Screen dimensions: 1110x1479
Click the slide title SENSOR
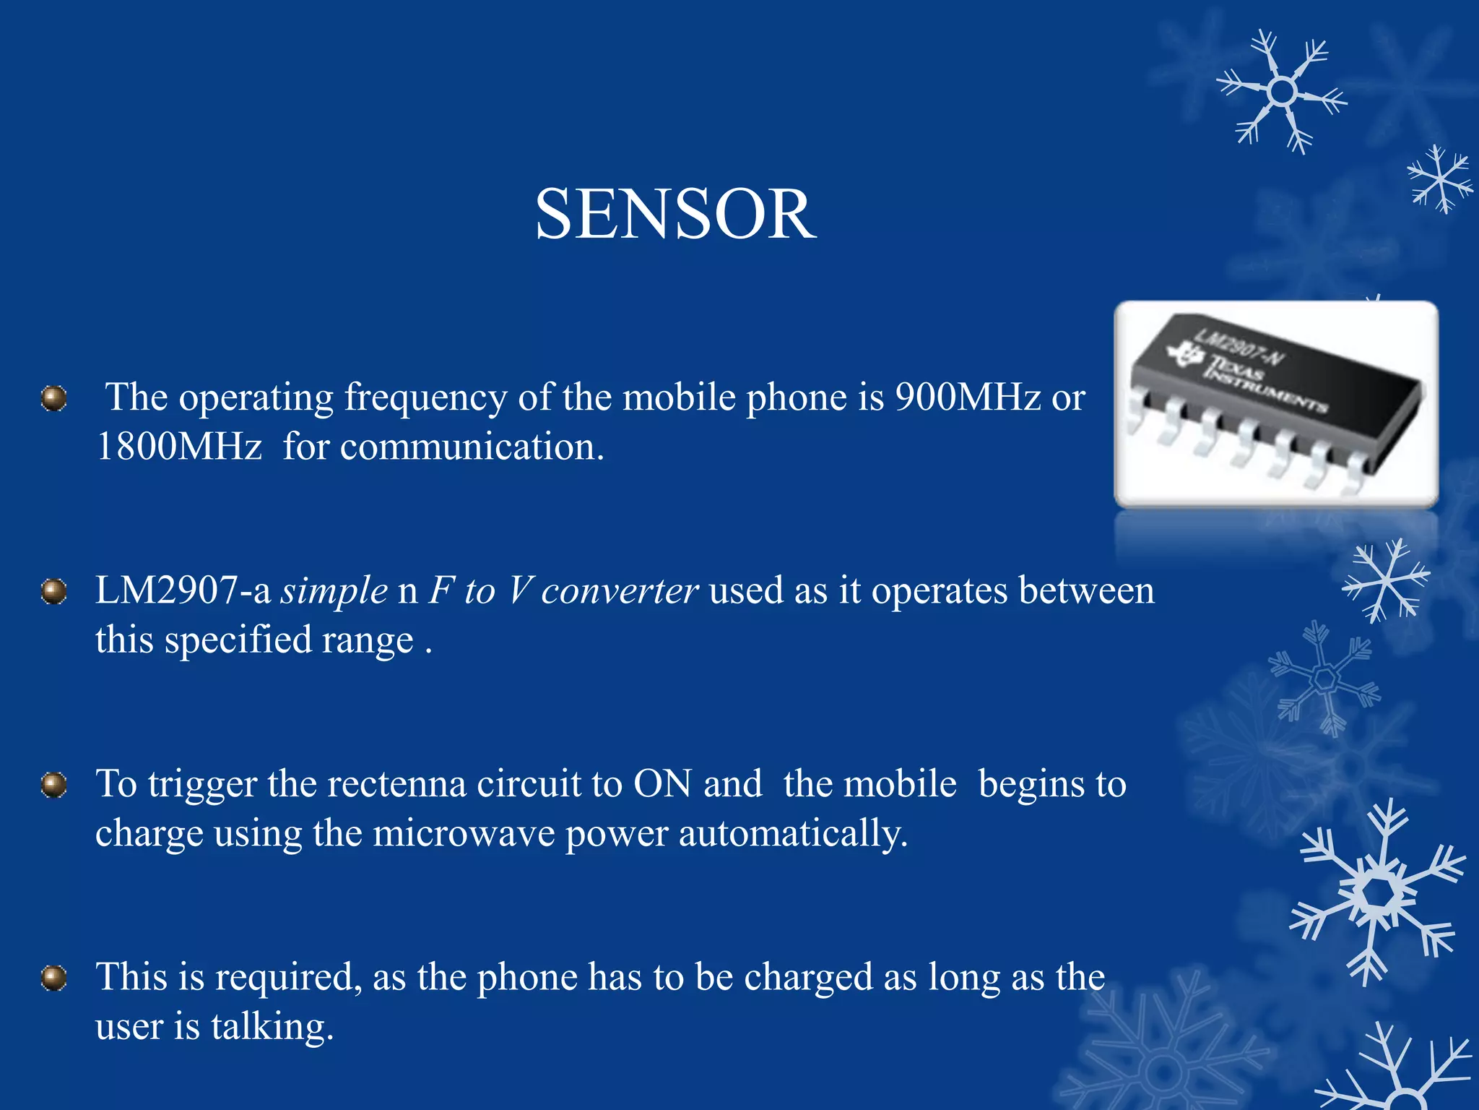[x=675, y=214]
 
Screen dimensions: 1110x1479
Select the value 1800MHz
[x=178, y=447]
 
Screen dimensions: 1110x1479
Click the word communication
[x=472, y=447]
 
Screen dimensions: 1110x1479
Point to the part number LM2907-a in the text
[x=183, y=590]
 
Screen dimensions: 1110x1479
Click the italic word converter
[x=620, y=590]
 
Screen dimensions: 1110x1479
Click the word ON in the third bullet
[x=662, y=784]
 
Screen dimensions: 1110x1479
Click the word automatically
[x=792, y=833]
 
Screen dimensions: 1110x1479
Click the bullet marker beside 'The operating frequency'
[x=54, y=398]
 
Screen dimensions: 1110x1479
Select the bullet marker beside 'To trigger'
[x=54, y=785]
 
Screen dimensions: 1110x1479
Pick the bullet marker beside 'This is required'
[x=54, y=978]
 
